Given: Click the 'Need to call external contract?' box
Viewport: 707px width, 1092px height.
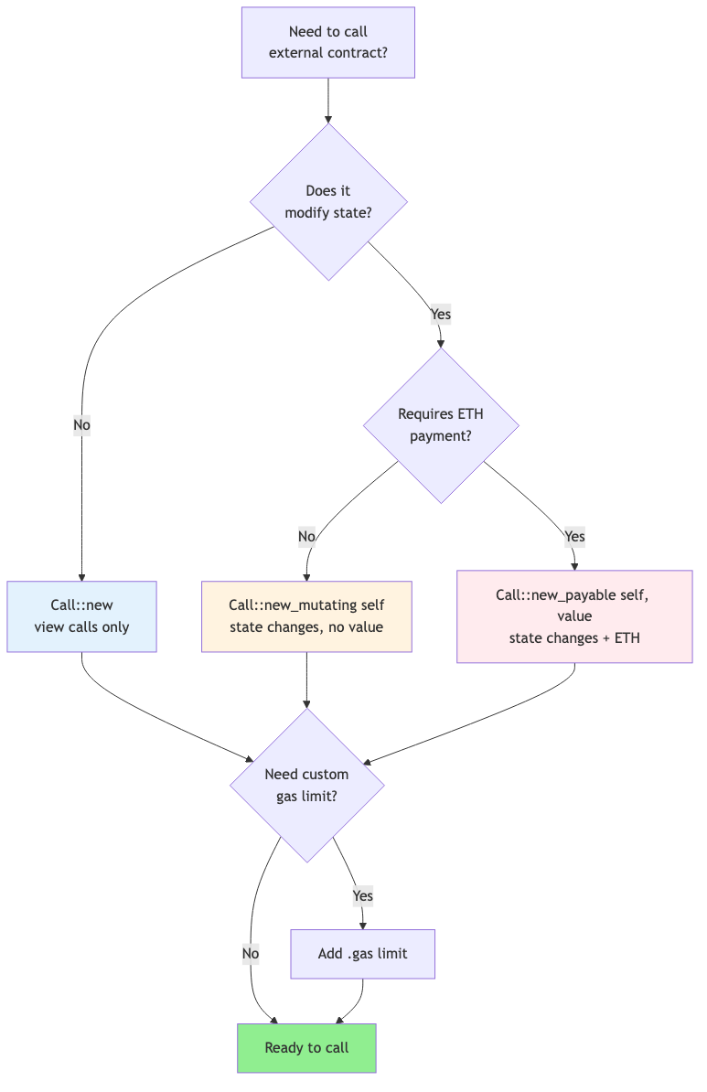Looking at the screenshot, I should coord(327,42).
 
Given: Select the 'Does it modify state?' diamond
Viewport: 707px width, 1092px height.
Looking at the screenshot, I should coord(328,201).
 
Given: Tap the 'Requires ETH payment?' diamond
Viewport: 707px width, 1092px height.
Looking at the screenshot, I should coord(441,425).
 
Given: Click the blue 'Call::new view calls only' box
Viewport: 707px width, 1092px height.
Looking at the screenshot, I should coord(81,616).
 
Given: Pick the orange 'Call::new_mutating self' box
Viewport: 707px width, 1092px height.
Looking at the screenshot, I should coord(306,616).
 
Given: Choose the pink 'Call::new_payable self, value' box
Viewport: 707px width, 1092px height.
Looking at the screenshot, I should coord(574,616).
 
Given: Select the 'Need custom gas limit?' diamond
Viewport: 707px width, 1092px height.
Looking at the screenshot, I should coord(306,785).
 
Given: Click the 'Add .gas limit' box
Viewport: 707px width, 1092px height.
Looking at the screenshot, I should coord(362,954).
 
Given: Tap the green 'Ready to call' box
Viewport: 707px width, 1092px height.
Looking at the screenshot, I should coord(306,1047).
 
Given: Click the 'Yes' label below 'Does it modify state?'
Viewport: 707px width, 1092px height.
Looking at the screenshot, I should coord(441,314).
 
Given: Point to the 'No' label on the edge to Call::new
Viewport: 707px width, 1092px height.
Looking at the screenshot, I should coord(81,425).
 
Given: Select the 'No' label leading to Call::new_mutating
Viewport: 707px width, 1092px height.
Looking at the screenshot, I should coord(306,536).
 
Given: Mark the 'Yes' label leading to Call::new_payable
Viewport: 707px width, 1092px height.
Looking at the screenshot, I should coord(574,536).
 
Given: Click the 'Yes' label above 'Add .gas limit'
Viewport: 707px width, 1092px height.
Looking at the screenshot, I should coord(362,895).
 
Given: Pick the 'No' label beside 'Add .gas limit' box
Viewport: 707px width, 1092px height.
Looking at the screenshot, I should coord(251,954).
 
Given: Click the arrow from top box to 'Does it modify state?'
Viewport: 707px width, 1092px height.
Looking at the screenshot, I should coord(327,101).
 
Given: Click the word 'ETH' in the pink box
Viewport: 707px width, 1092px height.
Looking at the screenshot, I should coord(627,637).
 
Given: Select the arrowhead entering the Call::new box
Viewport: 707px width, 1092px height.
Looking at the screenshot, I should coord(81,577).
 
